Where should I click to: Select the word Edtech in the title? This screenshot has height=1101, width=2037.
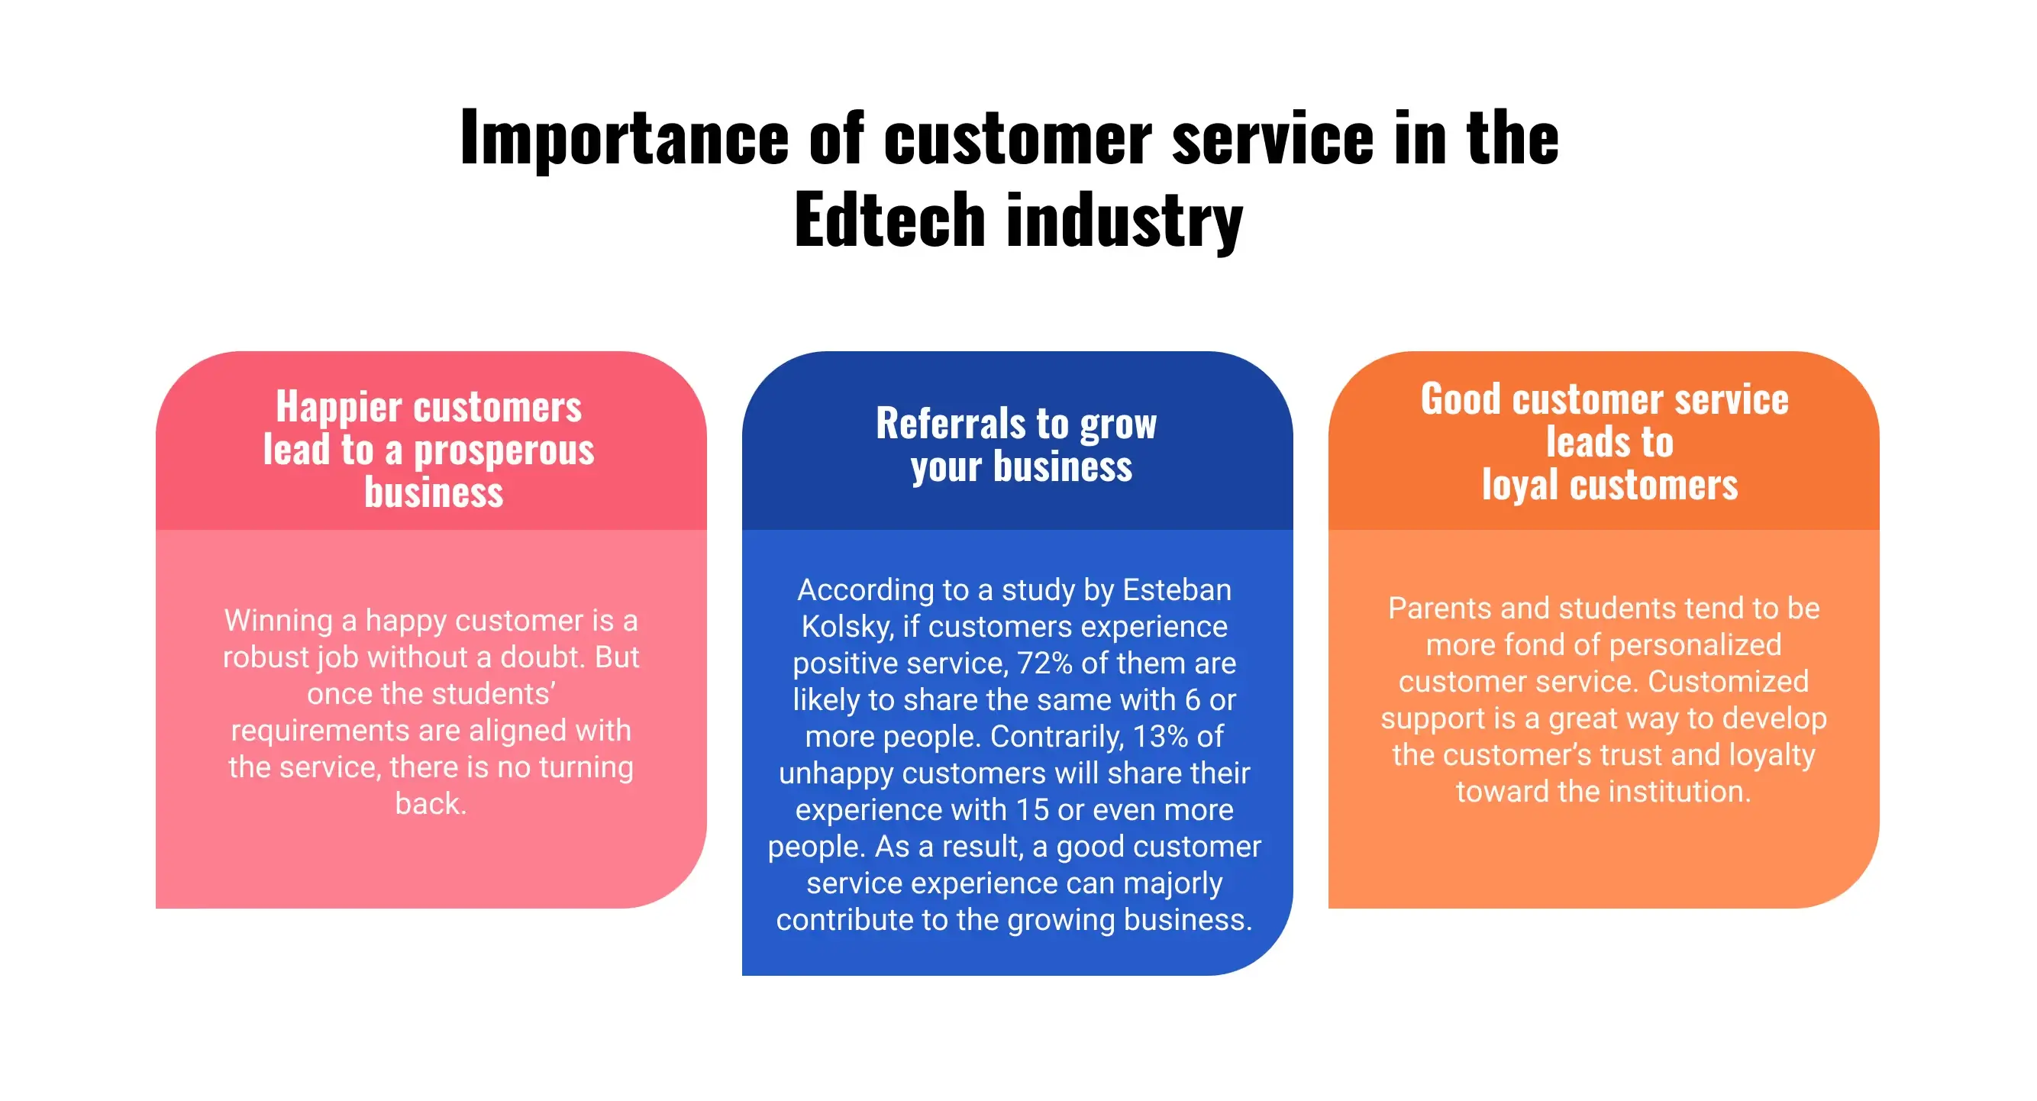click(889, 220)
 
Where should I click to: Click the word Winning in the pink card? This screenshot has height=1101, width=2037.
click(278, 621)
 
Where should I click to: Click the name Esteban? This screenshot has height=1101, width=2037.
click(1177, 590)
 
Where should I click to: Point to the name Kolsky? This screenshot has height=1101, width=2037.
click(847, 626)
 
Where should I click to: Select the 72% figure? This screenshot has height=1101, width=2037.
click(1044, 663)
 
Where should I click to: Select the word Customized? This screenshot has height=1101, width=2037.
click(1728, 682)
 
